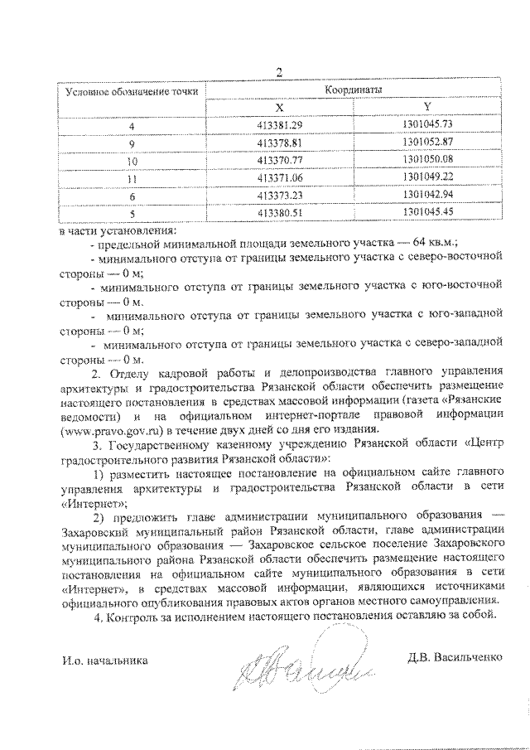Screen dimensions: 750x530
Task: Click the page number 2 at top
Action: [279, 72]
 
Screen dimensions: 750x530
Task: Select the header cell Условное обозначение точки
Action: [132, 91]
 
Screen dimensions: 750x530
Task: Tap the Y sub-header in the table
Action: [426, 106]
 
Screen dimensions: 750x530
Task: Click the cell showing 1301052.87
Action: [426, 142]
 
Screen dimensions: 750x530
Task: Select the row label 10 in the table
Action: [132, 160]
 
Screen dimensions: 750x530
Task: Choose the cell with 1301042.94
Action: [426, 195]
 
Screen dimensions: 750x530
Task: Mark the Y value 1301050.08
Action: [426, 160]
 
